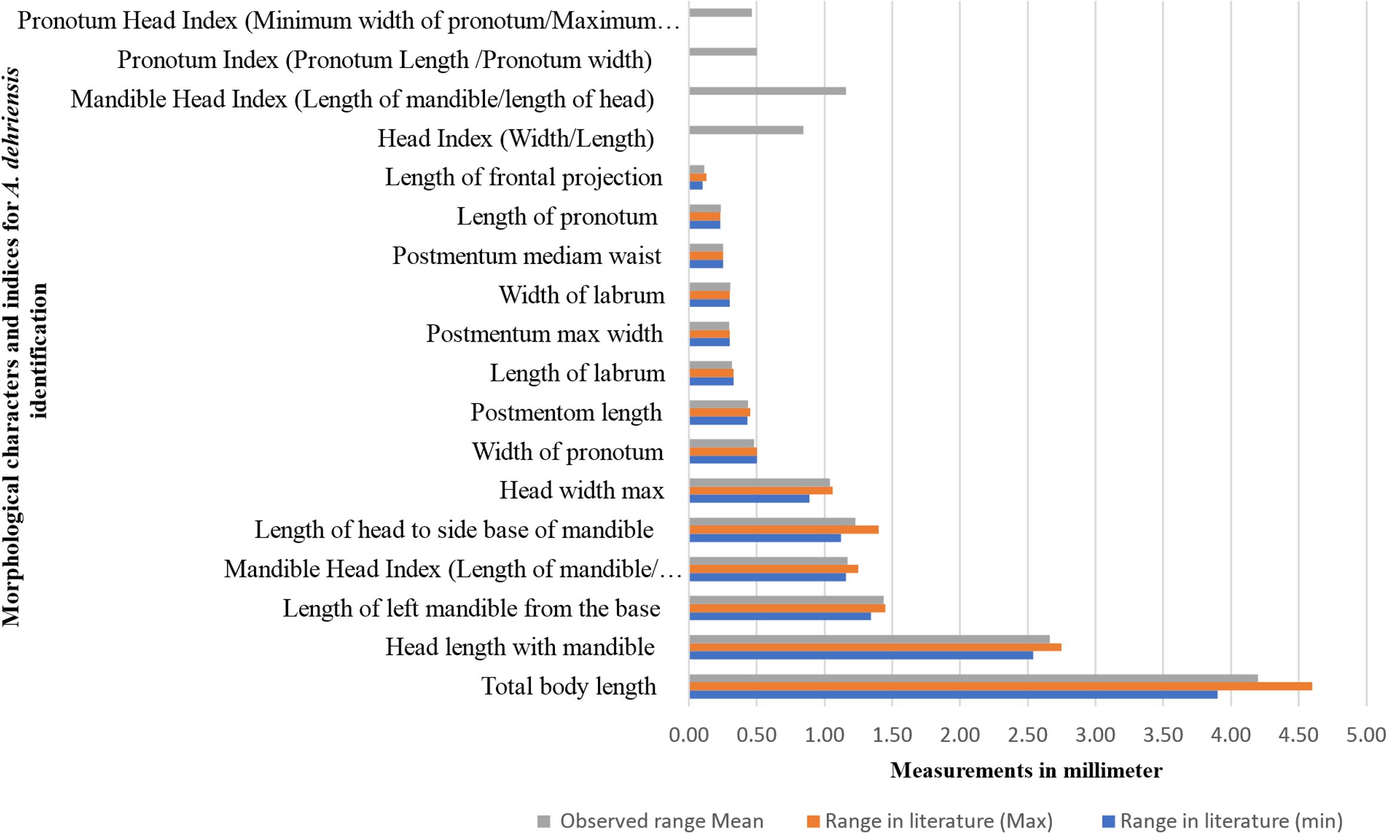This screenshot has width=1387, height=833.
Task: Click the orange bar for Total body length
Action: point(1001,686)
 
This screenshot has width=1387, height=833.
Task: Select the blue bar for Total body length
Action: point(953,694)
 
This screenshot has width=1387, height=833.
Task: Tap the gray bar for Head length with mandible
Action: point(869,639)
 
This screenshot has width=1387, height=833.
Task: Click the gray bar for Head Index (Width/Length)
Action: point(746,130)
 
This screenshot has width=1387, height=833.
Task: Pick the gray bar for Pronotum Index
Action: point(723,51)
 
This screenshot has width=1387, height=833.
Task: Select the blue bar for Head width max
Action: point(749,499)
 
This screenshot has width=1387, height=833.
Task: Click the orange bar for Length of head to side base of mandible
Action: point(784,530)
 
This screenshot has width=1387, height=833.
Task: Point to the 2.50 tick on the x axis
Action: point(1027,734)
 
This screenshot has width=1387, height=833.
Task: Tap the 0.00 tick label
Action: point(689,734)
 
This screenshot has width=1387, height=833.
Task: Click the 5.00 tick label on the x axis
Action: point(1366,734)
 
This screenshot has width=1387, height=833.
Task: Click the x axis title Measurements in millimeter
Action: point(1026,770)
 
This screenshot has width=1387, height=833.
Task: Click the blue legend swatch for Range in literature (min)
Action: point(1108,822)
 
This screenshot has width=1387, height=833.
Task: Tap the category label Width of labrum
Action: point(582,295)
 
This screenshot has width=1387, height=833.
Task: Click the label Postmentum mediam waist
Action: point(526,256)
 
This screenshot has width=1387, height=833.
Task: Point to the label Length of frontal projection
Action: point(523,177)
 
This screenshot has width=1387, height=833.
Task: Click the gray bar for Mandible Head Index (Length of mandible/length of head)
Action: point(767,91)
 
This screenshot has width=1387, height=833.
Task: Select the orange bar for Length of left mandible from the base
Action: point(787,608)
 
